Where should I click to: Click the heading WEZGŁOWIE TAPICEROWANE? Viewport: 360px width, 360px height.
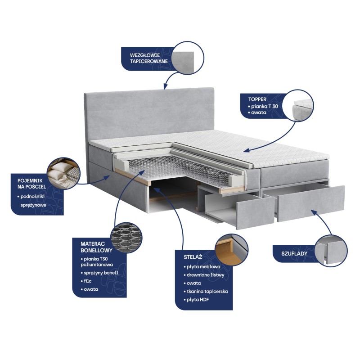[149, 58]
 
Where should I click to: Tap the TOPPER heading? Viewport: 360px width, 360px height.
[257, 99]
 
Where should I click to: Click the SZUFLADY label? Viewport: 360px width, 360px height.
[294, 254]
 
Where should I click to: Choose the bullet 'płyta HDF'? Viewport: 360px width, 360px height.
[196, 300]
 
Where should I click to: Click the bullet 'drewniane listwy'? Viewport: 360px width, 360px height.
[204, 275]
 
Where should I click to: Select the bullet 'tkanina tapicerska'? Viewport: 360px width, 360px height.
[206, 291]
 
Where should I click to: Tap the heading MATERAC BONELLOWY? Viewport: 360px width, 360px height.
[96, 247]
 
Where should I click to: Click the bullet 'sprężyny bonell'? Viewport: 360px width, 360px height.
[99, 273]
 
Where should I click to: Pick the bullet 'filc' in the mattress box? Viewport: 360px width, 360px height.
[86, 281]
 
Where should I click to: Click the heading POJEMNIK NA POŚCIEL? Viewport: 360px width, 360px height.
[31, 184]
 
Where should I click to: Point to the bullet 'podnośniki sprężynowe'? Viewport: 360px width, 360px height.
[32, 201]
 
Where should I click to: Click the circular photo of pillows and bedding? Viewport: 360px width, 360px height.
[63, 173]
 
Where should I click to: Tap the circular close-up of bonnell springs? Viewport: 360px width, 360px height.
[126, 238]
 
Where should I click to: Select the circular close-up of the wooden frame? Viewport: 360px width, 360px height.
[232, 250]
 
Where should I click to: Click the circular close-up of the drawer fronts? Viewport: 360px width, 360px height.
[331, 251]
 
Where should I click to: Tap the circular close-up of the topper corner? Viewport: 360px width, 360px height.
[298, 105]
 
